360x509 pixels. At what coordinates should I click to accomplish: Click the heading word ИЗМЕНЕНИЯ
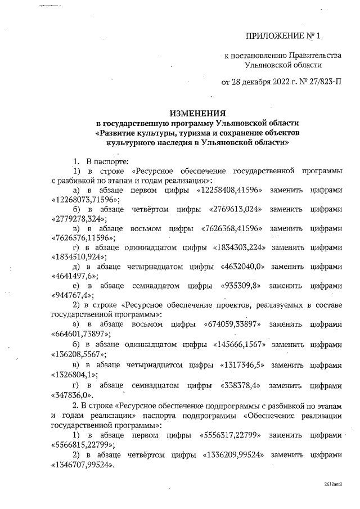point(194,112)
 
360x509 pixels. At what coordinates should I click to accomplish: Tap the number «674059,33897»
point(228,325)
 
